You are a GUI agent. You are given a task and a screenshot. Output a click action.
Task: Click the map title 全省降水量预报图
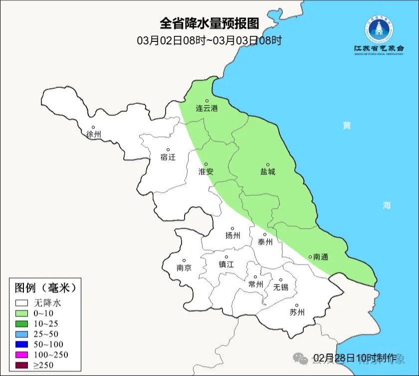[209, 23]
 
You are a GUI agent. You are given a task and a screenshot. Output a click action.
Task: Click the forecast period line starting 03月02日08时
[209, 40]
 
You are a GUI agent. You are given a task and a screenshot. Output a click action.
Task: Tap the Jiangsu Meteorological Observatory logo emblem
[379, 29]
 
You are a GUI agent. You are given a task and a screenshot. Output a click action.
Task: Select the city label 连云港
[207, 108]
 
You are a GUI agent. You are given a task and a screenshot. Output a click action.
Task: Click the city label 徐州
[93, 134]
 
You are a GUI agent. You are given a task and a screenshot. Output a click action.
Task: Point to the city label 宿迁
[168, 157]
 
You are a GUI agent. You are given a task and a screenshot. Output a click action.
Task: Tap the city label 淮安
[206, 171]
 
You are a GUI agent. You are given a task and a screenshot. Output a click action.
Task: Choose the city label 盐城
[267, 172]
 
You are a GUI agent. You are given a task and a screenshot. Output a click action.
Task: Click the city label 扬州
[232, 235]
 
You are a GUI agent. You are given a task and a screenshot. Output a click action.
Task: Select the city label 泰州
[265, 242]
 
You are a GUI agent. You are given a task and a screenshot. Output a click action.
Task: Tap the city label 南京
[184, 267]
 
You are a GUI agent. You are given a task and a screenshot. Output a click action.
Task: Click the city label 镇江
[226, 264]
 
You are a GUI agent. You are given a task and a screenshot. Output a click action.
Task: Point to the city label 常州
[255, 284]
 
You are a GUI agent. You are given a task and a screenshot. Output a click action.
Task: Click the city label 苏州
[297, 313]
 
